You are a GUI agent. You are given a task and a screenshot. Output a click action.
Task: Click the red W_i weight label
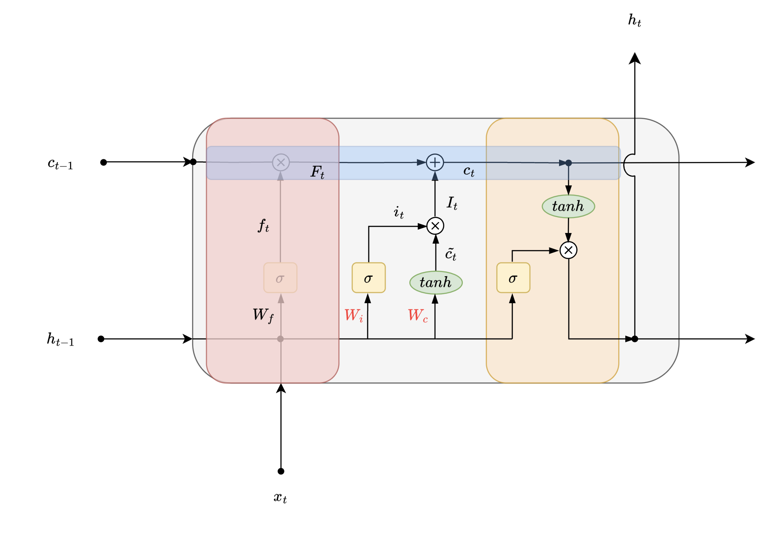pyautogui.click(x=354, y=316)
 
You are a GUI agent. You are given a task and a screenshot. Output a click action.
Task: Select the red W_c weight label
pyautogui.click(x=418, y=316)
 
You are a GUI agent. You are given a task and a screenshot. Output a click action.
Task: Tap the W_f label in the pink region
pyautogui.click(x=263, y=315)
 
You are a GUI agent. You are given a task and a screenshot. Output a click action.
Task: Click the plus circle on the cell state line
pyautogui.click(x=435, y=162)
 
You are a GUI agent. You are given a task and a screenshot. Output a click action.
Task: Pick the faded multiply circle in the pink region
pyautogui.click(x=281, y=162)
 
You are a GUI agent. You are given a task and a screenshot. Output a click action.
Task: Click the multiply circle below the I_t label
pyautogui.click(x=435, y=226)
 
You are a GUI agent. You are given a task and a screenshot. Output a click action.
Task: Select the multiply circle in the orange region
pyautogui.click(x=568, y=250)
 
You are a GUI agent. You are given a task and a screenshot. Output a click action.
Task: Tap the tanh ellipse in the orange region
pyautogui.click(x=568, y=206)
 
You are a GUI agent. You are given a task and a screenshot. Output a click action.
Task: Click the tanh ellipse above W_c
pyautogui.click(x=436, y=282)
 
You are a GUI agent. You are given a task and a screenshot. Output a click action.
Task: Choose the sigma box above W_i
pyautogui.click(x=369, y=278)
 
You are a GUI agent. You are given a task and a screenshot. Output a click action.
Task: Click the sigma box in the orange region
pyautogui.click(x=513, y=278)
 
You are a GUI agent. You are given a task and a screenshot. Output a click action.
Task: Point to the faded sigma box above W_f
pyautogui.click(x=280, y=278)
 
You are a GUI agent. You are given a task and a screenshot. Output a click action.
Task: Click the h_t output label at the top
pyautogui.click(x=635, y=20)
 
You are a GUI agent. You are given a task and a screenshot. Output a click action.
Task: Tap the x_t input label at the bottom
pyautogui.click(x=280, y=498)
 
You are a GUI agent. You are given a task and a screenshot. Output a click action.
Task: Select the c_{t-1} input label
pyautogui.click(x=61, y=164)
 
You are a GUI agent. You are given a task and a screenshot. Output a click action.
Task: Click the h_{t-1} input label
pyautogui.click(x=61, y=339)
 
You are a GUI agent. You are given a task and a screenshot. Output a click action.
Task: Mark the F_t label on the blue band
pyautogui.click(x=318, y=172)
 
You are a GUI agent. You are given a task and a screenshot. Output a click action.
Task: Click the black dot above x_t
pyautogui.click(x=281, y=471)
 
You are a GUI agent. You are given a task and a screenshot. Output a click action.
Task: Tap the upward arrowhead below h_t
pyautogui.click(x=635, y=58)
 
